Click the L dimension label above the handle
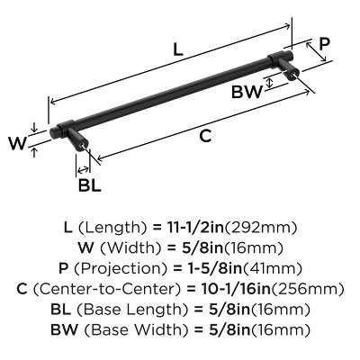(178, 49)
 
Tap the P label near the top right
(324, 44)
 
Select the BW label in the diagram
(247, 92)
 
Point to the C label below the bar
(205, 136)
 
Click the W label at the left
(18, 143)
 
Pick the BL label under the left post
(89, 185)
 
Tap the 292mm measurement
(261, 228)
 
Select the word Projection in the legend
(120, 268)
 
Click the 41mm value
(272, 268)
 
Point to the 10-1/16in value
(232, 289)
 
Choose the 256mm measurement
(307, 289)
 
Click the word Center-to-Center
(106, 289)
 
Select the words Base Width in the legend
(137, 329)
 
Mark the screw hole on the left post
(83, 145)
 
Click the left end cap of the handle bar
(53, 132)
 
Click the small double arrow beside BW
(270, 82)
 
